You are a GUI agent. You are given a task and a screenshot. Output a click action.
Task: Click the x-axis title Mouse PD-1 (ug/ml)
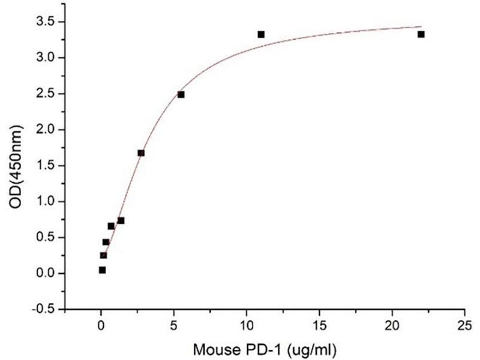pyautogui.click(x=264, y=347)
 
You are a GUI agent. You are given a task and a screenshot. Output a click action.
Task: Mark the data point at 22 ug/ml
pyautogui.click(x=421, y=34)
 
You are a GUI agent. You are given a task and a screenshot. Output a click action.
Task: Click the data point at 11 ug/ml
pyautogui.click(x=261, y=34)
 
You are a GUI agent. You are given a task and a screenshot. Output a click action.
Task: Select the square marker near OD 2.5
pyautogui.click(x=181, y=94)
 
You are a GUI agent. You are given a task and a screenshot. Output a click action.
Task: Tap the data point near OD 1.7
pyautogui.click(x=141, y=153)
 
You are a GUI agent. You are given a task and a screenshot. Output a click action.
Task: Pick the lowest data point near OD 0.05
pyautogui.click(x=102, y=270)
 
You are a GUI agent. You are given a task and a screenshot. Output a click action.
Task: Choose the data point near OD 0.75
pyautogui.click(x=121, y=220)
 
